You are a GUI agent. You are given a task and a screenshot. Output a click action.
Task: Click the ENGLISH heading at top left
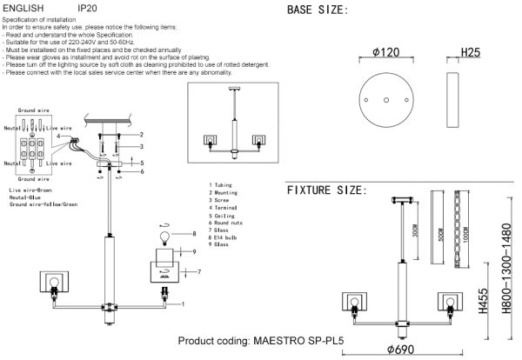coord(23,7)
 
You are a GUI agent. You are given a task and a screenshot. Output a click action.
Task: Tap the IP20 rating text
coord(88,7)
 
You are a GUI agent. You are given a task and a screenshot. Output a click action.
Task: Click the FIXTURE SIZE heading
coord(326,190)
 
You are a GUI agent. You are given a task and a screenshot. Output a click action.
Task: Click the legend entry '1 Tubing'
coord(223,185)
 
